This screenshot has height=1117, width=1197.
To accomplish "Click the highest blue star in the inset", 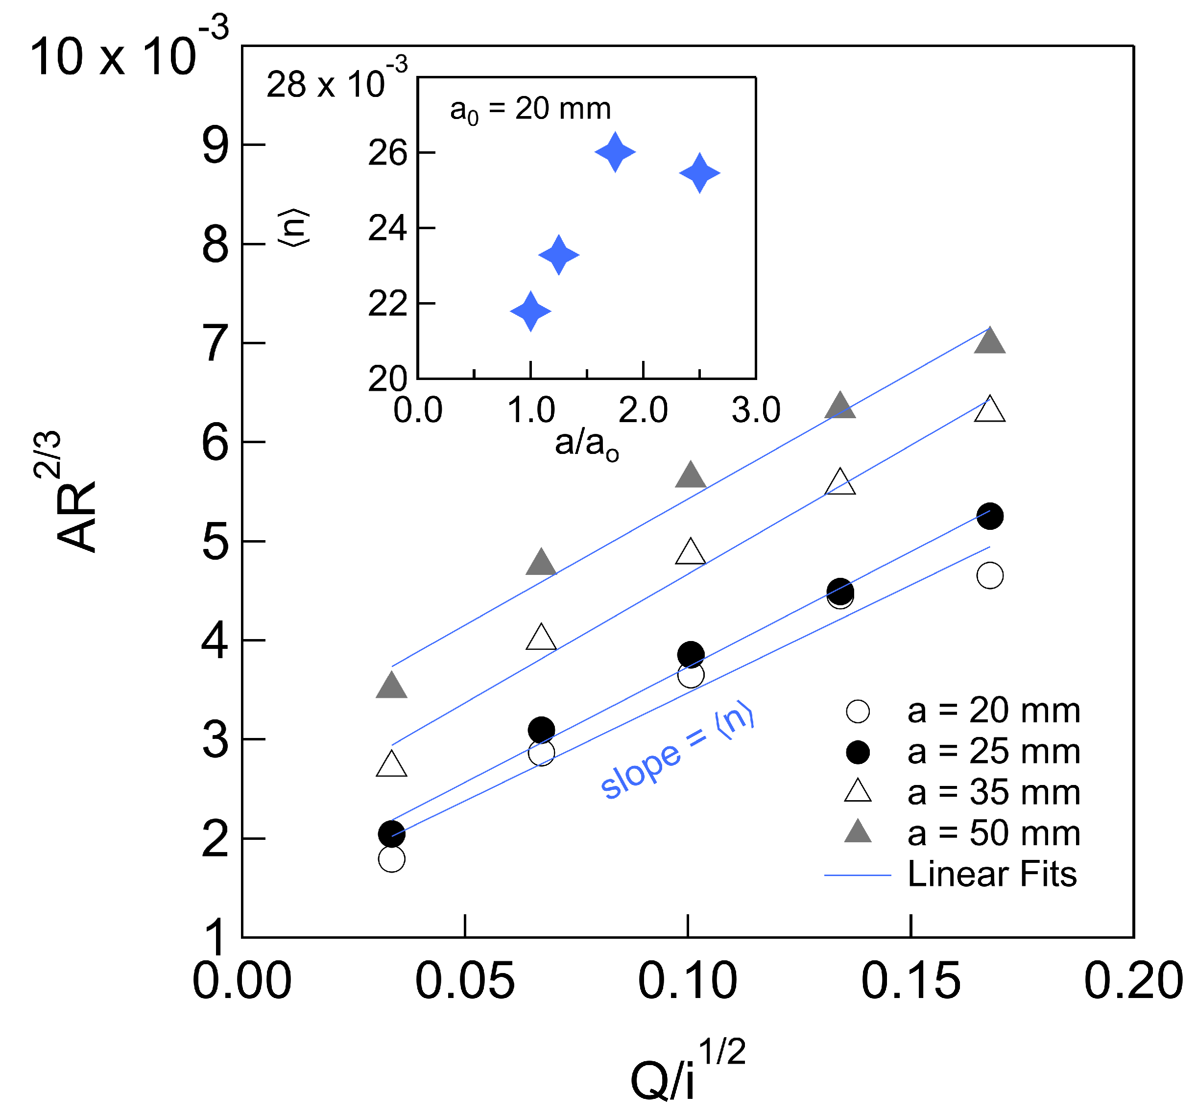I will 615,152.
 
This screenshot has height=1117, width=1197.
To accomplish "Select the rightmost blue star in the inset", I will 699,173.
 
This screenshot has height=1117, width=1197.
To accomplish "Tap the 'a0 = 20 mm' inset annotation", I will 530,110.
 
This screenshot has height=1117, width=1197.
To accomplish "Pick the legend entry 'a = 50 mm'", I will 993,833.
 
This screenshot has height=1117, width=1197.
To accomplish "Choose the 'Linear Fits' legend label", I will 992,874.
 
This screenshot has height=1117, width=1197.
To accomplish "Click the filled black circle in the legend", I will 858,752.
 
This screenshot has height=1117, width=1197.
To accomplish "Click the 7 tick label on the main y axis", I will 215,344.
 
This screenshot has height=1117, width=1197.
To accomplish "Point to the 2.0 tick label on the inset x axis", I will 643,411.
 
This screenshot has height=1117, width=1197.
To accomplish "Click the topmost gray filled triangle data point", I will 989,341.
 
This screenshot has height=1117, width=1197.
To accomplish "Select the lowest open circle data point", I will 391,858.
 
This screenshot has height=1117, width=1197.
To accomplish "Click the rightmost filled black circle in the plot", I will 989,516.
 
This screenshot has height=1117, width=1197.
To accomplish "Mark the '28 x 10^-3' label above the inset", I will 336,82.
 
